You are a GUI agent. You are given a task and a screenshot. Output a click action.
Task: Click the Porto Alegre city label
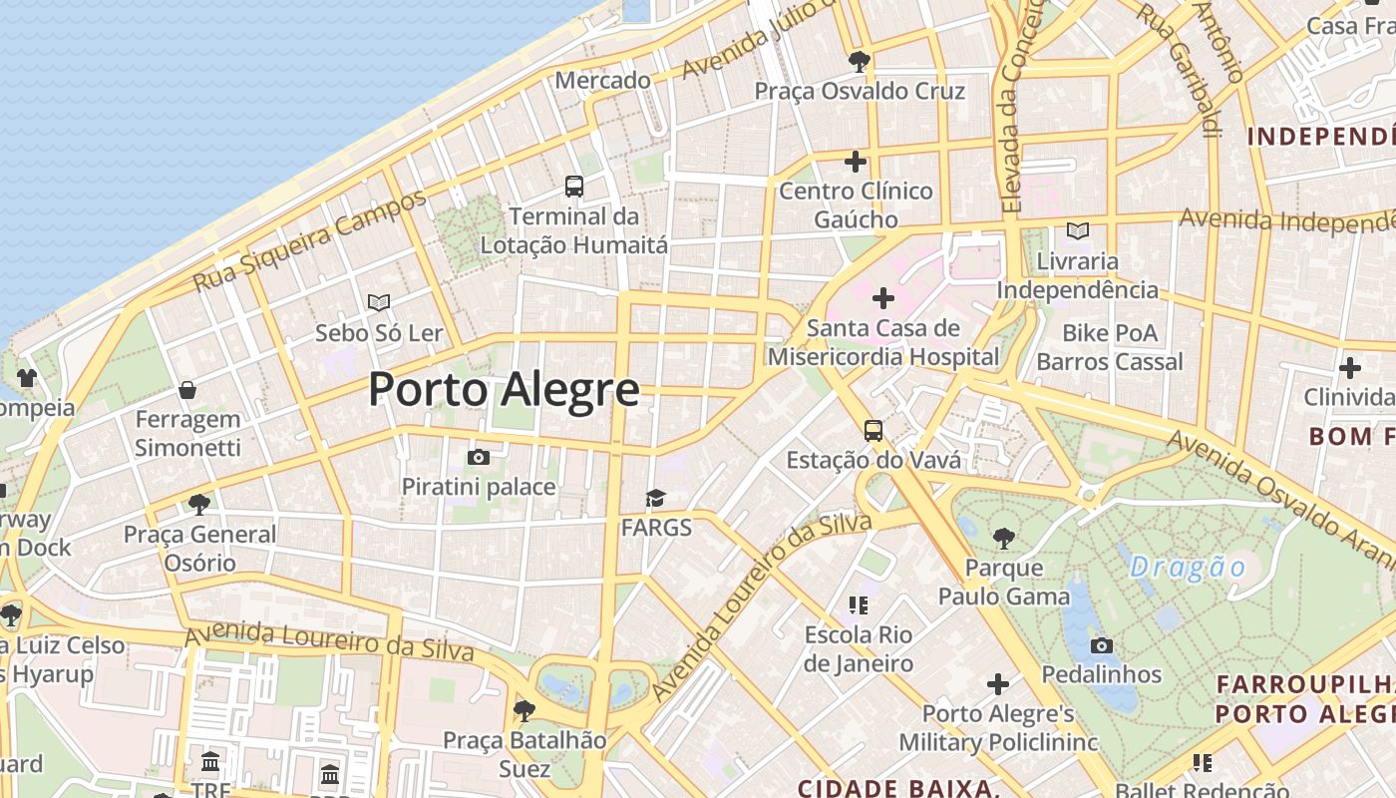pyautogui.click(x=504, y=389)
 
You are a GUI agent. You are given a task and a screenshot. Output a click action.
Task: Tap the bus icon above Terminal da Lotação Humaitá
pyautogui.click(x=574, y=186)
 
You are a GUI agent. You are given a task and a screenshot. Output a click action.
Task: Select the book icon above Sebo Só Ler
pyautogui.click(x=378, y=302)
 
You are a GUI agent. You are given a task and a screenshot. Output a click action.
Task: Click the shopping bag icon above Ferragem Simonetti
pyautogui.click(x=187, y=390)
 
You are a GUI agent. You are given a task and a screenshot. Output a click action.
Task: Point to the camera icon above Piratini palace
pyautogui.click(x=479, y=457)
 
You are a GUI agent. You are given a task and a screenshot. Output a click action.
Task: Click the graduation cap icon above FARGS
pyautogui.click(x=655, y=498)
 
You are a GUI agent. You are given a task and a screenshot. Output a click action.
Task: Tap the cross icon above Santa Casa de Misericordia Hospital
pyautogui.click(x=882, y=297)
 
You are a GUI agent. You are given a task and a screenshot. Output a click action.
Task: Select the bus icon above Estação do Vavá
pyautogui.click(x=873, y=431)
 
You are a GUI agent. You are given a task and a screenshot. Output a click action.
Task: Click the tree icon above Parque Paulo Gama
pyautogui.click(x=1003, y=539)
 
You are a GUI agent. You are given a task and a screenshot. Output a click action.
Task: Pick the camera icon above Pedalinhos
pyautogui.click(x=1102, y=645)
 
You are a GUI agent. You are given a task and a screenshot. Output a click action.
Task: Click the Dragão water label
pyautogui.click(x=1188, y=568)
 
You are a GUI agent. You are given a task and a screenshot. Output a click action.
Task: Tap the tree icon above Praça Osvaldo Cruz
pyautogui.click(x=859, y=62)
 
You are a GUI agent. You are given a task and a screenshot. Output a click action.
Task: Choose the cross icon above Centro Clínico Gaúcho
pyautogui.click(x=856, y=161)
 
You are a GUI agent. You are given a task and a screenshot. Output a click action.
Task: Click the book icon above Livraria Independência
pyautogui.click(x=1077, y=231)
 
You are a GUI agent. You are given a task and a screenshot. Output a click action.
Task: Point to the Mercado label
pyautogui.click(x=602, y=80)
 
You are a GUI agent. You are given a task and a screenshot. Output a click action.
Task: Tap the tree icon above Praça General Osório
pyautogui.click(x=199, y=505)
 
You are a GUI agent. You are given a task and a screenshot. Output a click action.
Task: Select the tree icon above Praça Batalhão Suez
pyautogui.click(x=523, y=711)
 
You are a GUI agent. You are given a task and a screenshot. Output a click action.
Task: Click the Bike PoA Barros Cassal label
pyautogui.click(x=1110, y=347)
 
